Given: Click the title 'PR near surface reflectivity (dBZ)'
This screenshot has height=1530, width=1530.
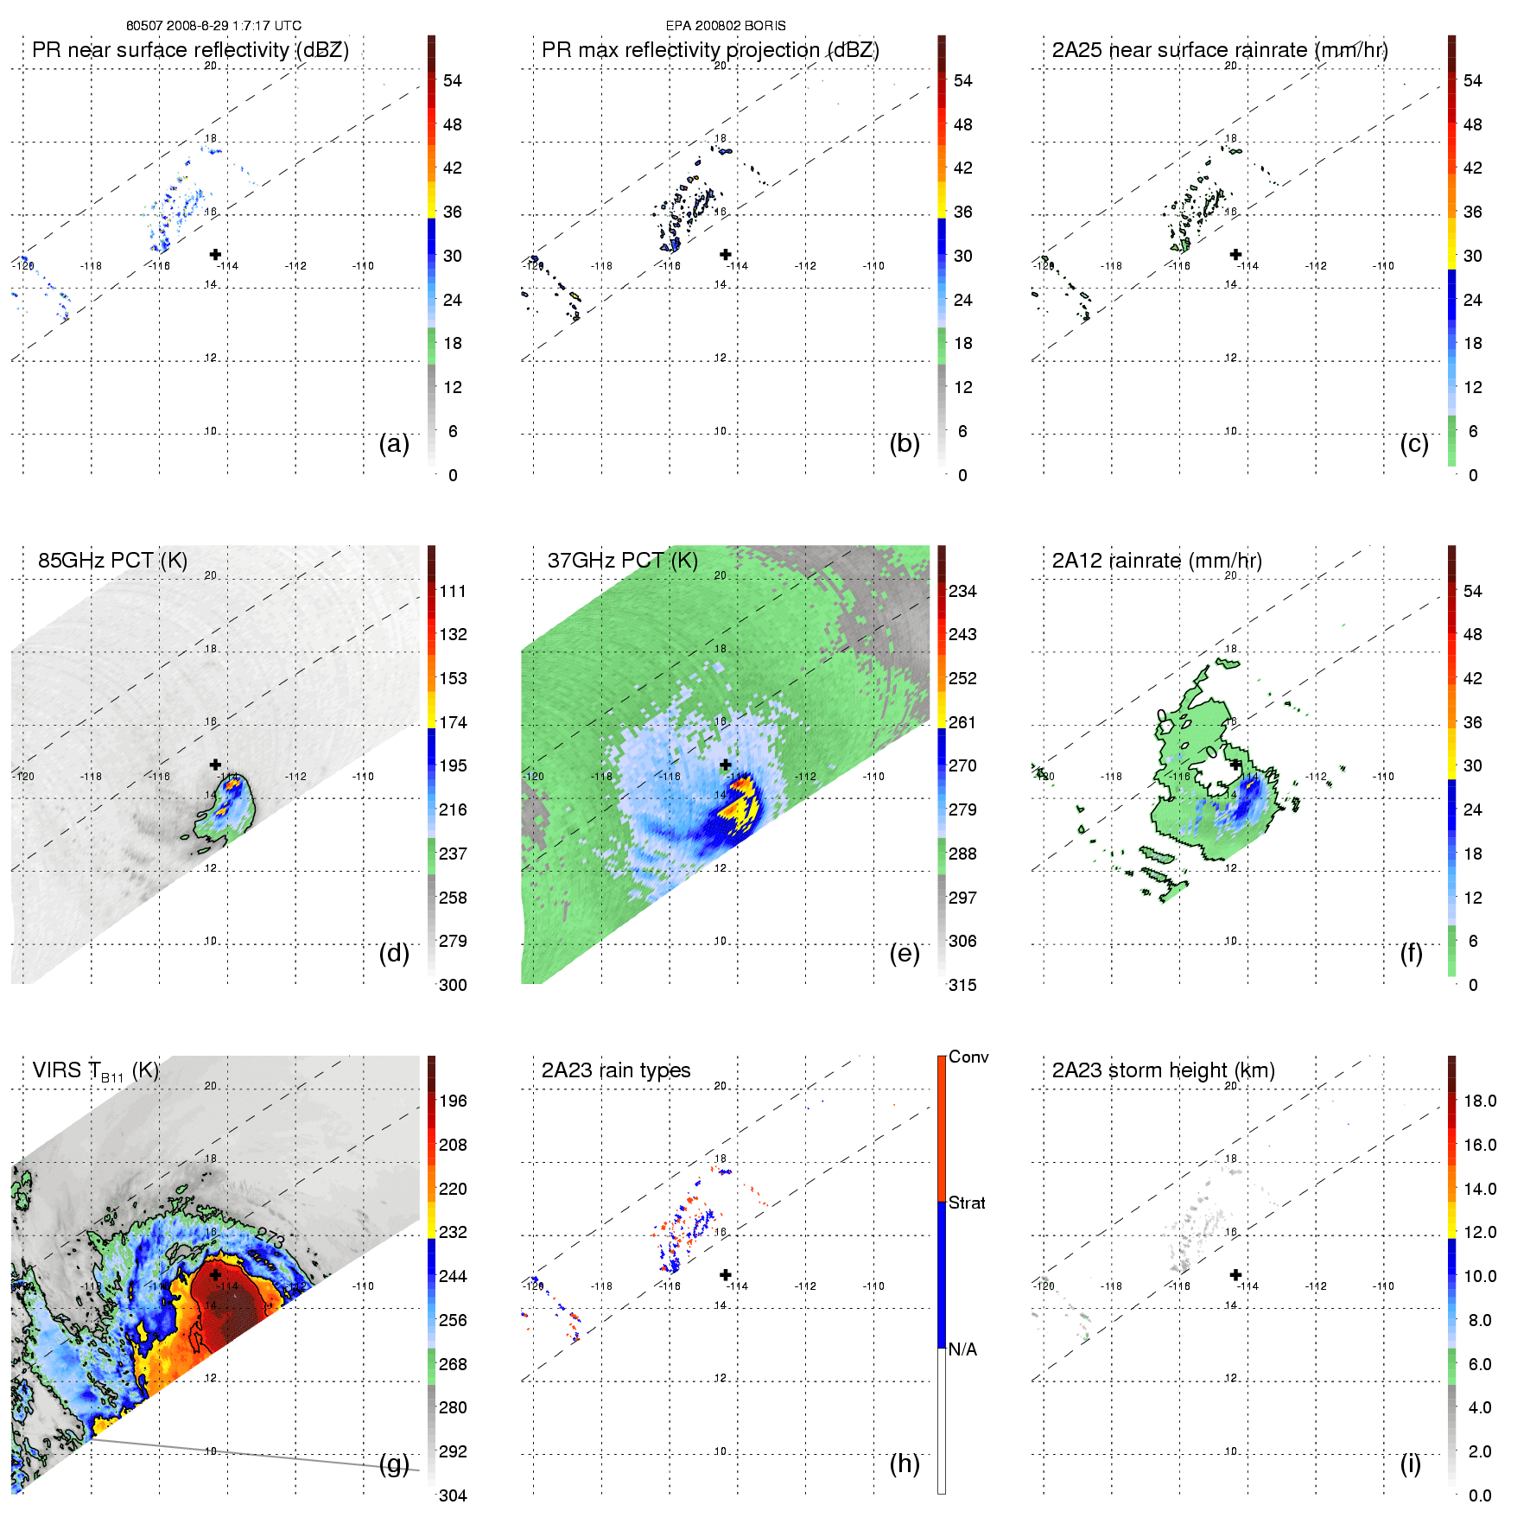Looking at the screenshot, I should pyautogui.click(x=190, y=50).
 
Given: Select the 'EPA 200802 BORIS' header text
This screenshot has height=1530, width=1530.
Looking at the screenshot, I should pyautogui.click(x=726, y=26).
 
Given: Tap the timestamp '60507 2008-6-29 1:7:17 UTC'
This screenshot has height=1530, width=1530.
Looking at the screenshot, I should pyautogui.click(x=213, y=26).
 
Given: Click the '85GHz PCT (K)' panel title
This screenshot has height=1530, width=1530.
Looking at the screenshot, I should pyautogui.click(x=112, y=561).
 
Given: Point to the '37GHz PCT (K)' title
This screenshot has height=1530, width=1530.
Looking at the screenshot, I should pyautogui.click(x=622, y=561).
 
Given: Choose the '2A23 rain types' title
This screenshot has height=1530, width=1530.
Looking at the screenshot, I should pyautogui.click(x=616, y=1070).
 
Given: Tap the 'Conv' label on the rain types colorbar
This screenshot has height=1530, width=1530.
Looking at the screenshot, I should pyautogui.click(x=968, y=1057).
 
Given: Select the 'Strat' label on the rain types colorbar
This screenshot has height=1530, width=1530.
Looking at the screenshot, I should pyautogui.click(x=967, y=1203).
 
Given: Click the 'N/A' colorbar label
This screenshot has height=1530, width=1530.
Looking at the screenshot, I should pyautogui.click(x=962, y=1349).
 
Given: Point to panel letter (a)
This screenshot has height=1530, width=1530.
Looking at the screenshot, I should pyautogui.click(x=394, y=443).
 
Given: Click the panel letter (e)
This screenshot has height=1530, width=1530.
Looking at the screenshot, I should pyautogui.click(x=905, y=953).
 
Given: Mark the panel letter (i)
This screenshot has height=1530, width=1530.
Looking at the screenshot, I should pyautogui.click(x=1410, y=1463).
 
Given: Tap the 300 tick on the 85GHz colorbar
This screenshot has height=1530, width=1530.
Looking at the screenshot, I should pyautogui.click(x=453, y=985).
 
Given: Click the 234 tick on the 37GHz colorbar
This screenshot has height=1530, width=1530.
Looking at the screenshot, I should pyautogui.click(x=962, y=591).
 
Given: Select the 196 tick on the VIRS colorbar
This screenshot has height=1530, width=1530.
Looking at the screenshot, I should pyautogui.click(x=453, y=1101).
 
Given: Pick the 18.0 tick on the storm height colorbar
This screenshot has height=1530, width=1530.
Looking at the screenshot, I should pyautogui.click(x=1479, y=1101).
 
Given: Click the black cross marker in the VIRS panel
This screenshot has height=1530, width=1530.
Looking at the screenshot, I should pyautogui.click(x=215, y=1274).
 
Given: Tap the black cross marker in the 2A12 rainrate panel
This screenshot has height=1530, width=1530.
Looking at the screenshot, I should pyautogui.click(x=1235, y=765).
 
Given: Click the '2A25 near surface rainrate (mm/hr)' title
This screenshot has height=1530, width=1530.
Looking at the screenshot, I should pyautogui.click(x=1220, y=50).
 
